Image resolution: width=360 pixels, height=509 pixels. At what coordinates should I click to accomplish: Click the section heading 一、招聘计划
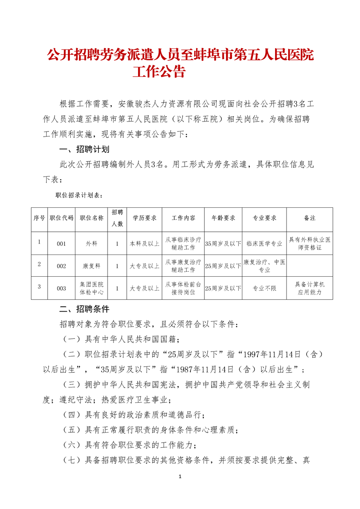point(84,149)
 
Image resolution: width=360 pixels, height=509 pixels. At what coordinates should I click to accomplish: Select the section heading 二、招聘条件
point(84,309)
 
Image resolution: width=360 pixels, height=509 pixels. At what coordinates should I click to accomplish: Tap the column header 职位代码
point(61,218)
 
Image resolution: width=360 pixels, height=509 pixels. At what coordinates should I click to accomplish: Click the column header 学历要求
point(144,218)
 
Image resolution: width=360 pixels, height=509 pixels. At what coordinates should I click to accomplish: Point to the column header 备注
point(310,218)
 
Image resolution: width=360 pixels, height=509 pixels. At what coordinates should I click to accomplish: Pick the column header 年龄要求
point(223,218)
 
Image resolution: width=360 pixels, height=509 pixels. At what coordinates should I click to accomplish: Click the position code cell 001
point(61,244)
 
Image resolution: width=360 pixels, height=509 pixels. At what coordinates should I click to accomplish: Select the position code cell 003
point(61,288)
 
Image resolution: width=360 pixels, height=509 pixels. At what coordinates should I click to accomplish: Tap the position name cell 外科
point(92,244)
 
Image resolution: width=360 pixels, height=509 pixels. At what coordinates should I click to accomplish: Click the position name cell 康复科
point(92,266)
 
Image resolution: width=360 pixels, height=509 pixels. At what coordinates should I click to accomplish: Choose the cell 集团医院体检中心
point(92,288)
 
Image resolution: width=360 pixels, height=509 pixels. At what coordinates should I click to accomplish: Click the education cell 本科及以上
point(144,244)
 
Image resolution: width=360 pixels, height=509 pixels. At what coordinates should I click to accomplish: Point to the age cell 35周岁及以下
point(223,244)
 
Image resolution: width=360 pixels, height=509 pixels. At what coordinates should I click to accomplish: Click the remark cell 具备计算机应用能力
point(310,288)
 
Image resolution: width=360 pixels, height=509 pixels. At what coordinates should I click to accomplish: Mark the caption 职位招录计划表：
point(79,196)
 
